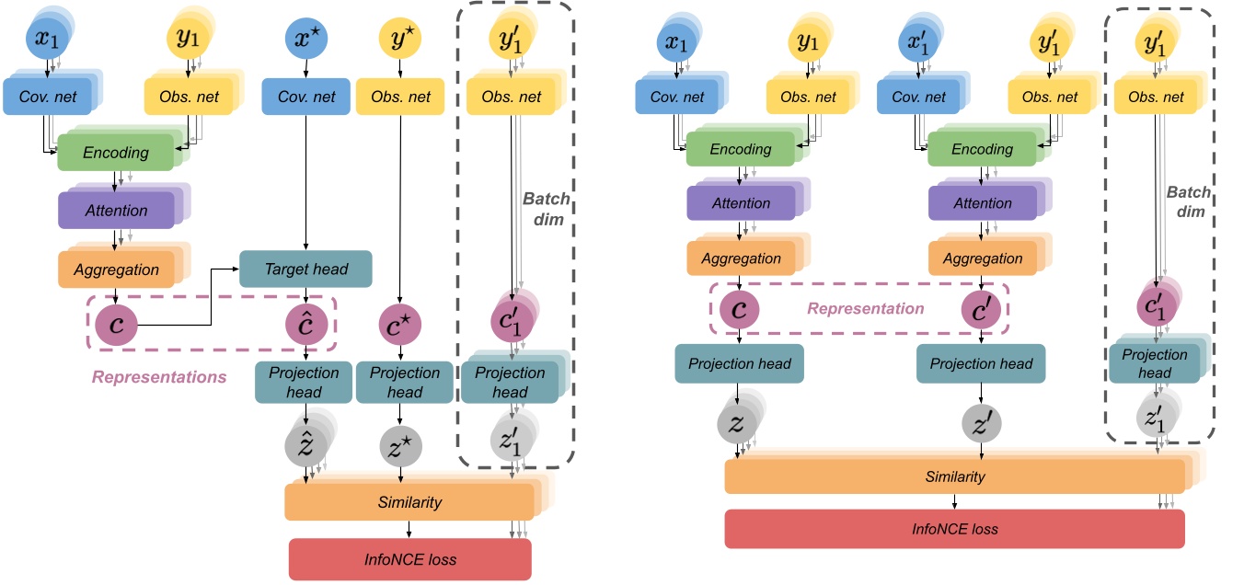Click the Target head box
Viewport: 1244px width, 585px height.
pyautogui.click(x=305, y=269)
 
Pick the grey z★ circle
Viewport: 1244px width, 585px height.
pyautogui.click(x=399, y=445)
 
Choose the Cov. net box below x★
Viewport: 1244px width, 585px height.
pyautogui.click(x=305, y=97)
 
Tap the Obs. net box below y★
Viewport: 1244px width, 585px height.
pyautogui.click(x=400, y=97)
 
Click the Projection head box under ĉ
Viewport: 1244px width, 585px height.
pyautogui.click(x=305, y=383)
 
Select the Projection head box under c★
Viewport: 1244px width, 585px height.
pyautogui.click(x=404, y=383)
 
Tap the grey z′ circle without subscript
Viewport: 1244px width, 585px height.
pyautogui.click(x=980, y=424)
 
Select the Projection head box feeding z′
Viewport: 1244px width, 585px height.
pyautogui.click(x=981, y=363)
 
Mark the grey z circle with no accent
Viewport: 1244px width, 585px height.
pyautogui.click(x=739, y=423)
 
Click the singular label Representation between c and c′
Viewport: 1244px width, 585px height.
pyautogui.click(x=865, y=308)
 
